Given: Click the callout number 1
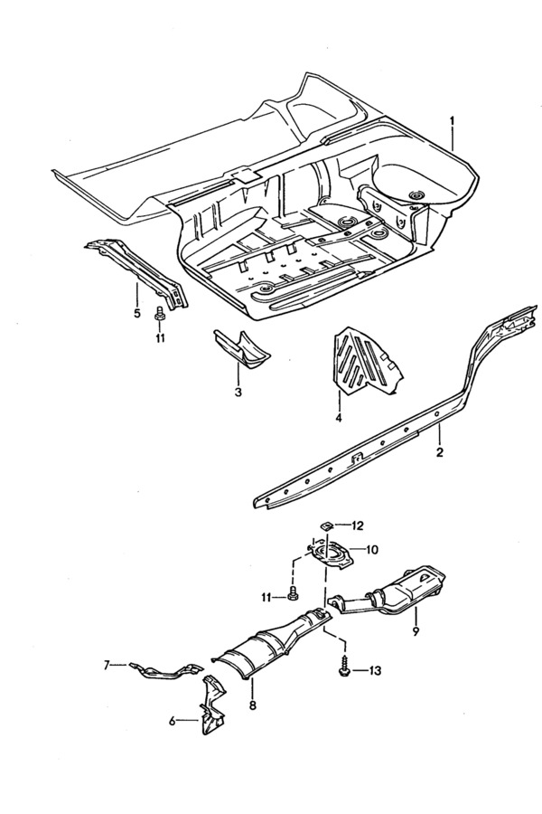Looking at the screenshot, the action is (452, 121).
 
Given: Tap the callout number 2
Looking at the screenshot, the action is (440, 452).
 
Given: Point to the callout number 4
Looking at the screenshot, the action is (338, 417).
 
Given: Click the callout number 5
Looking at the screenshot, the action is (137, 313).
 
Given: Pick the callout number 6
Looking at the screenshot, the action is (173, 720).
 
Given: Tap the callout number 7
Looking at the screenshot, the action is (107, 664).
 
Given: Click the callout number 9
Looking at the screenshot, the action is (415, 631).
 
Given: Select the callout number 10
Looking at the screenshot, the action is (372, 549).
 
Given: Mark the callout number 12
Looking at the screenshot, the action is (358, 525).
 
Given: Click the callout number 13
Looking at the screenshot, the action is (374, 671).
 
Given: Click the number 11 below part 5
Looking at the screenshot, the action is (160, 338).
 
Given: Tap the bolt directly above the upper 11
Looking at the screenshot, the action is (160, 315).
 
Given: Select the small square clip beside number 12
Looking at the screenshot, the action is (327, 525).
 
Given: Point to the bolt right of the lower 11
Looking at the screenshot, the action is (293, 592).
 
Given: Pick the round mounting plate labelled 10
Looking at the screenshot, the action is (332, 553).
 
